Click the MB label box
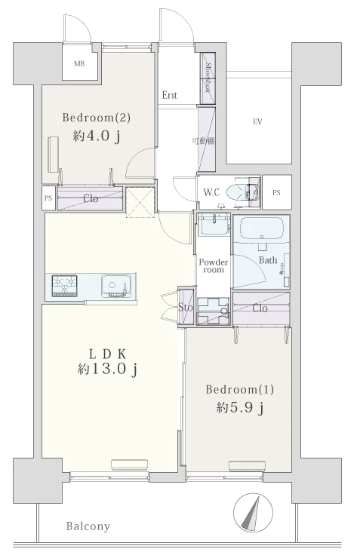tap(79, 64)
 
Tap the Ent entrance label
tap(169, 95)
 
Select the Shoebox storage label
tap(208, 78)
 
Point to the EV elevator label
tap(257, 122)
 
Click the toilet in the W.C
tap(237, 192)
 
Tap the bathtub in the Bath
tap(261, 228)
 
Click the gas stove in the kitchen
tap(64, 285)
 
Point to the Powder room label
tap(214, 266)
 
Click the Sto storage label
tap(186, 307)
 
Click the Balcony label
tap(88, 526)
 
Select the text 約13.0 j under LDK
tap(107, 369)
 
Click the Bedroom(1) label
tap(240, 390)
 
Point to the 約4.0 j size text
tap(97, 136)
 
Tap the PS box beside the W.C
tap(277, 192)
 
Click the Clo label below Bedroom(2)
tap(91, 198)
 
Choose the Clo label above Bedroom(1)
tap(260, 308)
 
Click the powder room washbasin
tap(214, 225)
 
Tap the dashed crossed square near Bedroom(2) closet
tap(140, 201)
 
